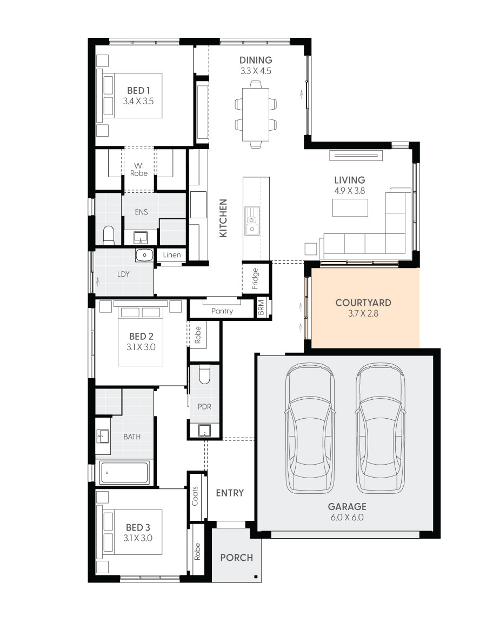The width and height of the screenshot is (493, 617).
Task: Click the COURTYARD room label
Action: (x=363, y=303)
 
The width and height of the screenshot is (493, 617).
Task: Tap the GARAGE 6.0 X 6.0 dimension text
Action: (x=347, y=518)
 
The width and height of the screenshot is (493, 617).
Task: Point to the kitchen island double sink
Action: (x=251, y=222)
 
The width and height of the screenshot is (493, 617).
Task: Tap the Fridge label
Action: (x=255, y=278)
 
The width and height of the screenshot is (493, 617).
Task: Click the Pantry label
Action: (x=222, y=311)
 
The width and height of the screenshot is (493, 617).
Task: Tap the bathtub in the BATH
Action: (x=124, y=473)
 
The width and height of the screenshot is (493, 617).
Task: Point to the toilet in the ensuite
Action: (x=108, y=234)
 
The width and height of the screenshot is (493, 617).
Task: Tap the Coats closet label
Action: (x=195, y=495)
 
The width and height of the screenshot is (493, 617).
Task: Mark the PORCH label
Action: (x=236, y=558)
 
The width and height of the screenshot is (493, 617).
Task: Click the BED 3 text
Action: (x=138, y=527)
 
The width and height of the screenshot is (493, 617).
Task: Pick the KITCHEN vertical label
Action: (x=223, y=218)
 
